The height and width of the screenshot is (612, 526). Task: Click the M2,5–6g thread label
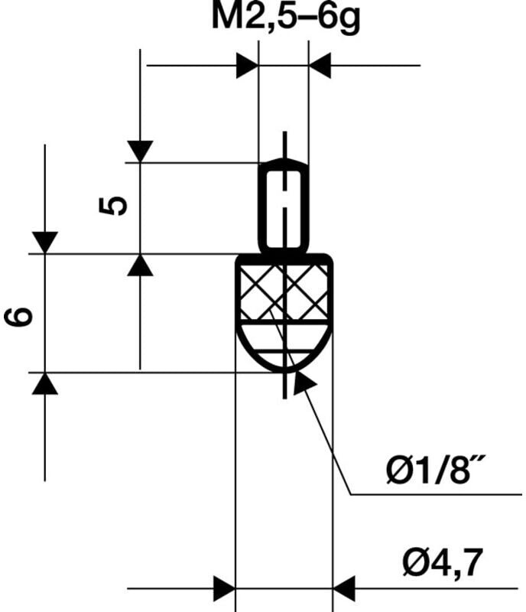point(285,19)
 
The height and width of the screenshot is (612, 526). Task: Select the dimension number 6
point(21,314)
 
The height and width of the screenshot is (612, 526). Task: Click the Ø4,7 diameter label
point(443,565)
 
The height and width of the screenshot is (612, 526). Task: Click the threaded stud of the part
point(284,205)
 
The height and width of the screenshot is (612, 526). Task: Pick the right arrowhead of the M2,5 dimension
point(320,66)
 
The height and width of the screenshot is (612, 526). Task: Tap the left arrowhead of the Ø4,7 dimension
point(224,589)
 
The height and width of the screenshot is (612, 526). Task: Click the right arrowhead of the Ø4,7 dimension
point(344,589)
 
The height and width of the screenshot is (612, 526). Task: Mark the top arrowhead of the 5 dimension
point(140,151)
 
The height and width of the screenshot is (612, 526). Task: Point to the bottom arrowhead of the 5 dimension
point(140,265)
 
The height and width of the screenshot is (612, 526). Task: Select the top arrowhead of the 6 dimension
point(45,242)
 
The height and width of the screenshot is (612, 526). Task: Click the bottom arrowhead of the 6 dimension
point(45,383)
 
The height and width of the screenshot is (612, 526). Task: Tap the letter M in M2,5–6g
point(226,19)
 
